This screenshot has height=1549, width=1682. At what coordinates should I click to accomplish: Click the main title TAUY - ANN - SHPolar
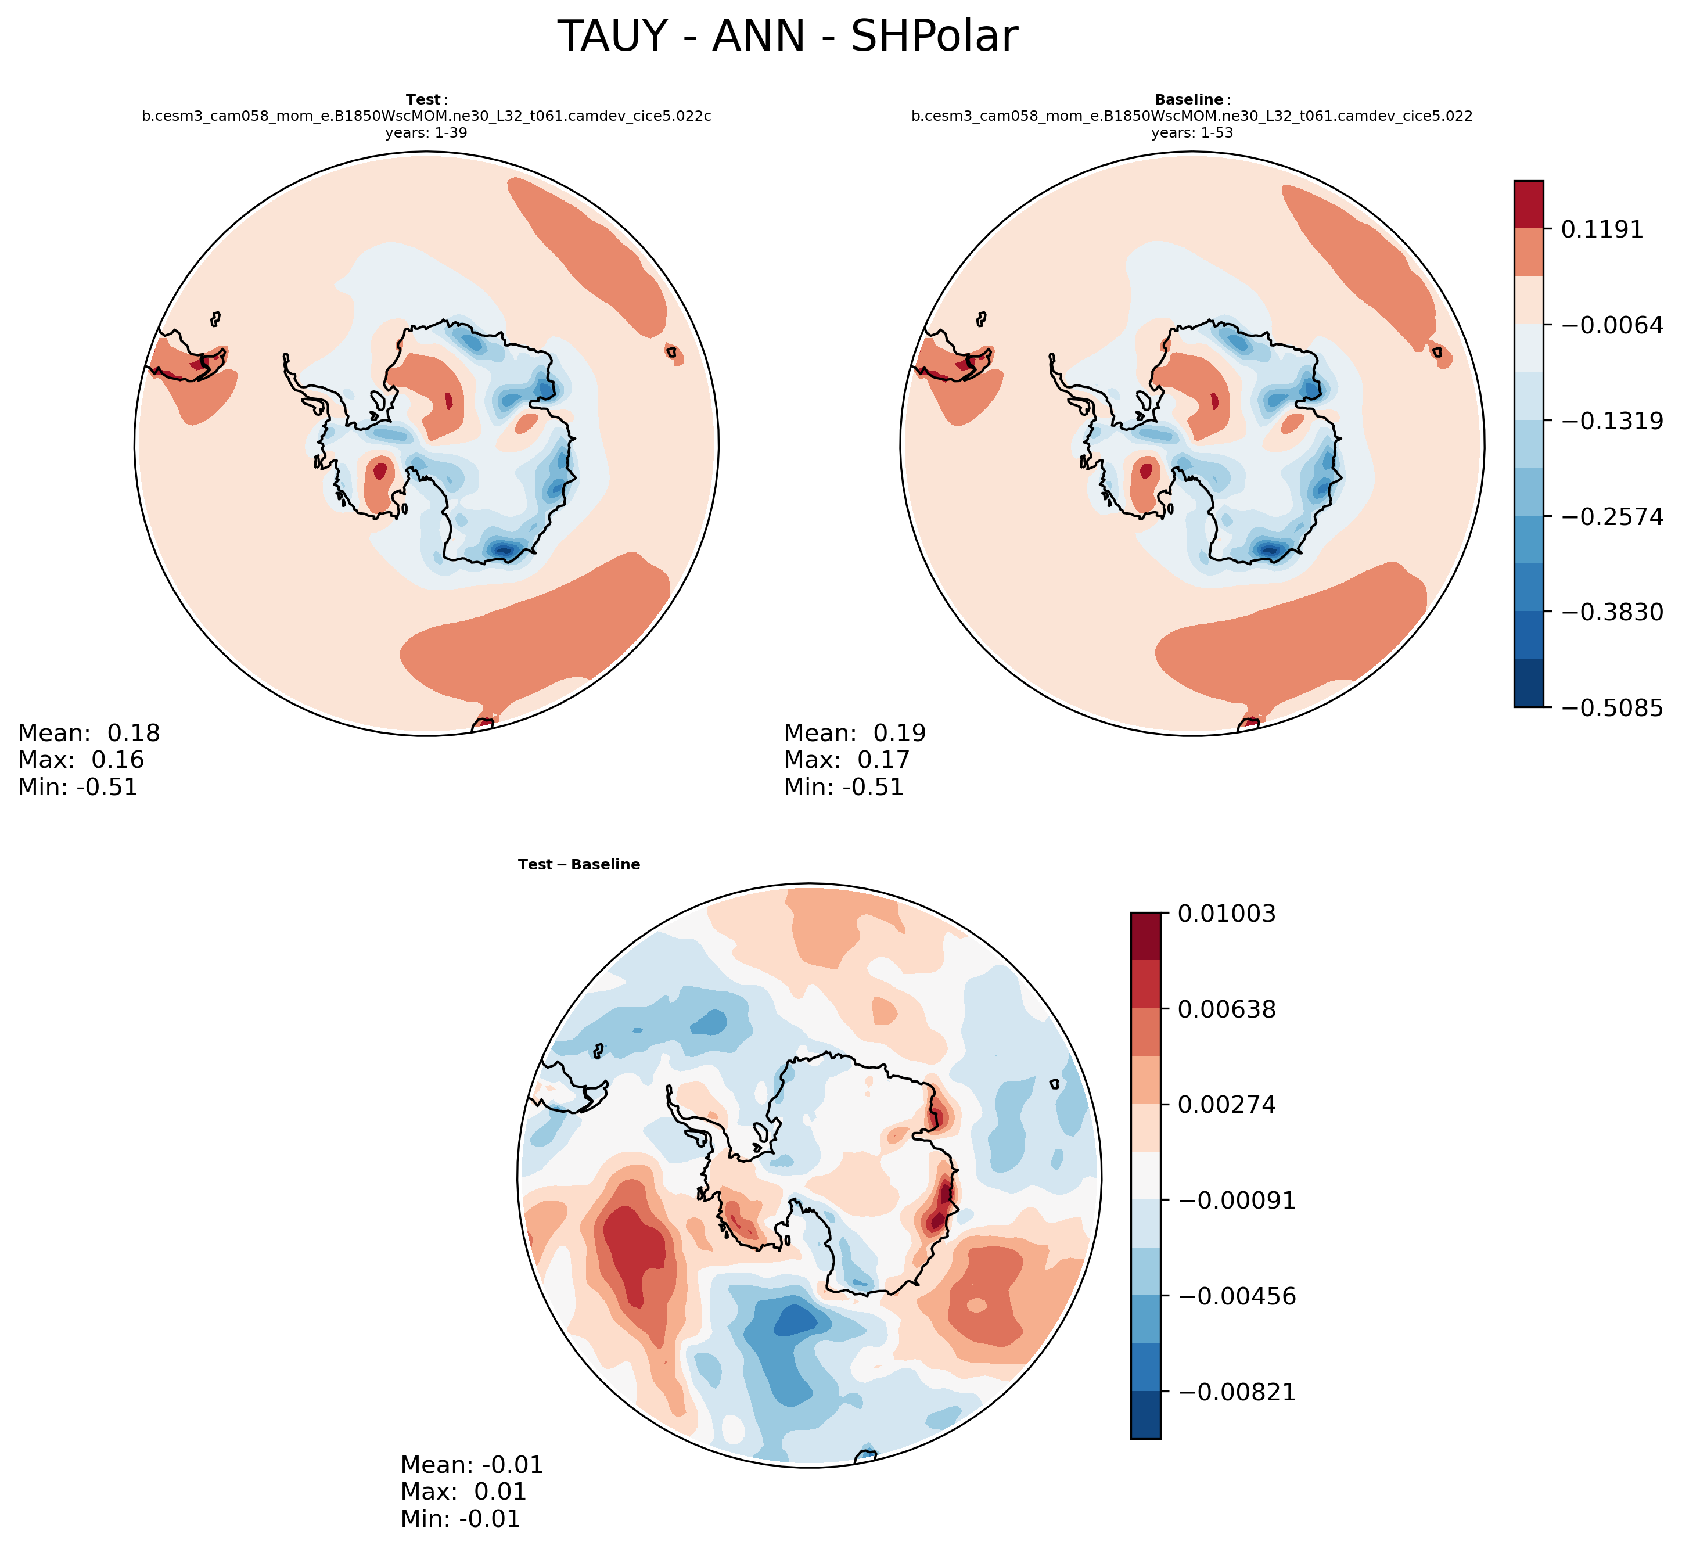coord(787,37)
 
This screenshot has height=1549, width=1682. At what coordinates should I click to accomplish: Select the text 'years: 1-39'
coord(426,132)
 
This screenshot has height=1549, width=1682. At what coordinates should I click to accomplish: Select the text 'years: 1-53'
coord(1192,132)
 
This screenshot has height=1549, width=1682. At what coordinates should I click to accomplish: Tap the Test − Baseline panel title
coord(578,864)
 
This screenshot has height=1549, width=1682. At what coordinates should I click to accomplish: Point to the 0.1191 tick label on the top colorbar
coord(1601,229)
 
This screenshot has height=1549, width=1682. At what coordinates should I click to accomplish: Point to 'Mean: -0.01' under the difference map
coord(472,1464)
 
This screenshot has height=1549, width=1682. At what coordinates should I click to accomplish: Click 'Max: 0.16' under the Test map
coord(81,760)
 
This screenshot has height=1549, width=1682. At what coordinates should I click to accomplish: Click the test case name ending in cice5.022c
coord(426,117)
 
